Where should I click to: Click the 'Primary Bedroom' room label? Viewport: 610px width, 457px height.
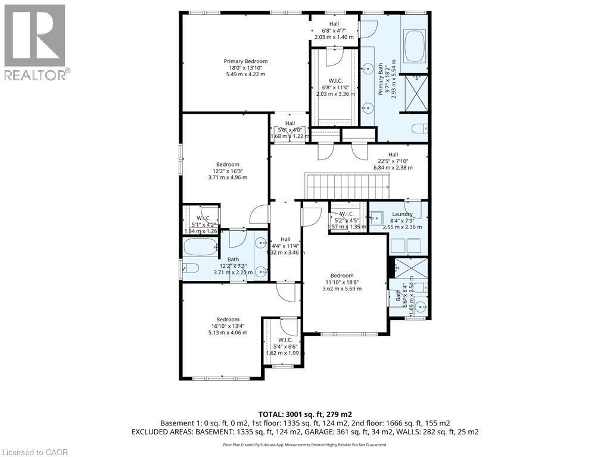pyautogui.click(x=245, y=61)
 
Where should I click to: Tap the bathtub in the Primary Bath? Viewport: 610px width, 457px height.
pyautogui.click(x=413, y=46)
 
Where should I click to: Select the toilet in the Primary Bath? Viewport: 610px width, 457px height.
pyautogui.click(x=419, y=127)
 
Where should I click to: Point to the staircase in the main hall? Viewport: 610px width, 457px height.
pyautogui.click(x=347, y=185)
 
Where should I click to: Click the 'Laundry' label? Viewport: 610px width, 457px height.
pyautogui.click(x=402, y=214)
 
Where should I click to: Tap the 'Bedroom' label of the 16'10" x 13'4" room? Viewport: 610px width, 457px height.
pyautogui.click(x=228, y=320)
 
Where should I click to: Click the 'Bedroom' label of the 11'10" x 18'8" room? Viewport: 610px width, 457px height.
pyautogui.click(x=342, y=276)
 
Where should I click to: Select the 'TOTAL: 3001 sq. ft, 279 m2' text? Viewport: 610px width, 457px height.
pyautogui.click(x=304, y=414)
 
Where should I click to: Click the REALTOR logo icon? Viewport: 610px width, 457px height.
pyautogui.click(x=35, y=36)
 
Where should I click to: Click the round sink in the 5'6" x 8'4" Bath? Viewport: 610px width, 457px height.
pyautogui.click(x=421, y=307)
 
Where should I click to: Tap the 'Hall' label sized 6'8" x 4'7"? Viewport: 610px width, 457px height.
pyautogui.click(x=334, y=24)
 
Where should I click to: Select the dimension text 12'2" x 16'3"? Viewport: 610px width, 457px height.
pyautogui.click(x=228, y=171)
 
